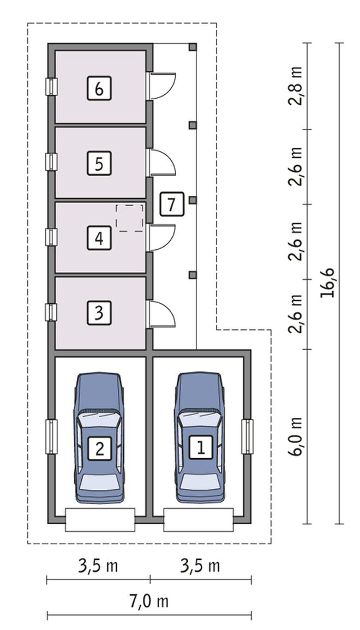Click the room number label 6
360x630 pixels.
tap(99, 88)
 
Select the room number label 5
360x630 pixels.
tap(99, 163)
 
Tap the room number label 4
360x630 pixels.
tap(99, 238)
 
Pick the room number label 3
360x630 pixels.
tap(99, 312)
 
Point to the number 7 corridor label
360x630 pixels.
tap(172, 204)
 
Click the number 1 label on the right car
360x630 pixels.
tap(201, 447)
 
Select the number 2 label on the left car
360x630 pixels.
tap(99, 448)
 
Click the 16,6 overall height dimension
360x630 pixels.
tap(328, 283)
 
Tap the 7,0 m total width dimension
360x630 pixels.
tap(149, 602)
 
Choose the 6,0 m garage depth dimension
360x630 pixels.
tap(295, 437)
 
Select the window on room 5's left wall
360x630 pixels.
tap(51, 162)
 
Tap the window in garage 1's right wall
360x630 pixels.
tap(247, 437)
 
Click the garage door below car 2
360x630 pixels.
tap(100, 520)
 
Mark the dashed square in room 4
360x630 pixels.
tap(129, 218)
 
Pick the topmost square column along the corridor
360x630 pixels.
tap(193, 47)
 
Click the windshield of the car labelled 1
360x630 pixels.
tap(200, 419)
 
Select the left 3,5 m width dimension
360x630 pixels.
tap(98, 566)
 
